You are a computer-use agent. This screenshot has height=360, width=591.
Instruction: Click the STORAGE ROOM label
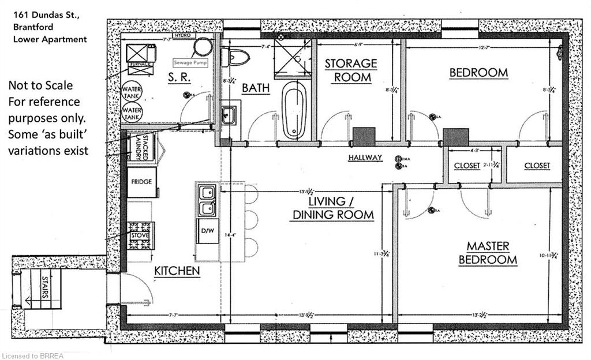(x=350, y=70)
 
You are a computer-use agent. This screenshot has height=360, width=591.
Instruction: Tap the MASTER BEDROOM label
(x=488, y=253)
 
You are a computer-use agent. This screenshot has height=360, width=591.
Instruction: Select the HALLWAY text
(x=365, y=157)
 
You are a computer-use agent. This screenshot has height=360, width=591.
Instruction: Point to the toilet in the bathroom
(x=237, y=56)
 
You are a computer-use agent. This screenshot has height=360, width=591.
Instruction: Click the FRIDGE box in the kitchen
(x=141, y=182)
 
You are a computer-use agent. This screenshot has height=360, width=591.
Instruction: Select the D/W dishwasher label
(x=207, y=231)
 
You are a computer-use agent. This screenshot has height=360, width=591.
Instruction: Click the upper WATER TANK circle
(x=132, y=91)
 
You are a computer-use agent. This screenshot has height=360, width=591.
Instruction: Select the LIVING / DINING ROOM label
(x=341, y=208)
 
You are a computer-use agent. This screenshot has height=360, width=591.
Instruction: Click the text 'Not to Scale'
(x=40, y=85)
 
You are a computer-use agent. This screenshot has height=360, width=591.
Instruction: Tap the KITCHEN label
(x=177, y=270)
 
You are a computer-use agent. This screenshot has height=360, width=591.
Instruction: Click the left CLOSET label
(x=467, y=166)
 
